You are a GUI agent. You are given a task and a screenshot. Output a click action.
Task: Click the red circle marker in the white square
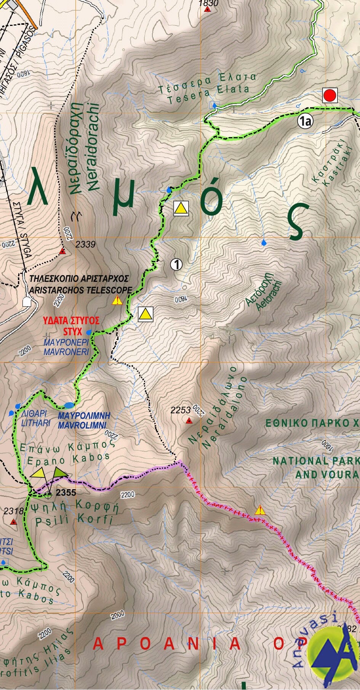330,95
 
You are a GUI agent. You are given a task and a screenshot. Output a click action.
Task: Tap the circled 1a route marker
305,122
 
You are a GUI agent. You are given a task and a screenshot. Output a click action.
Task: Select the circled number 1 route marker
176,264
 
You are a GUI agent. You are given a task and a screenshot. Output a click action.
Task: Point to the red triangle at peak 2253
189,421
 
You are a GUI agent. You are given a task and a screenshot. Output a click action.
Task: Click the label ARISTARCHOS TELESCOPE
80,290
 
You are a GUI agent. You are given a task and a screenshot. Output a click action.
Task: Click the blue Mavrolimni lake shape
69,405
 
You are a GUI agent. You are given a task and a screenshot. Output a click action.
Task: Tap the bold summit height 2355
66,492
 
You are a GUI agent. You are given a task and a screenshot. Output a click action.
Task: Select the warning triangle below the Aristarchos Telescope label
117,301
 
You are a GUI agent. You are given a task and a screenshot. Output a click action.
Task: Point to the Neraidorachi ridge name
93,147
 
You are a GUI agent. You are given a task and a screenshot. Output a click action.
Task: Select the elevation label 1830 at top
209,3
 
